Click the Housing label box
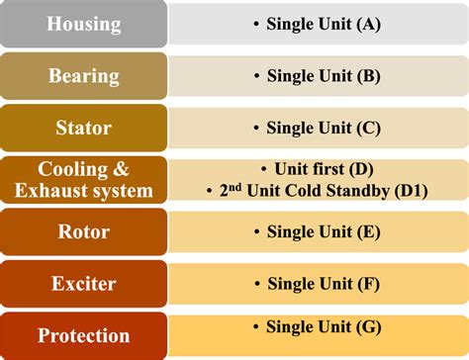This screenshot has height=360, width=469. pos(83,23)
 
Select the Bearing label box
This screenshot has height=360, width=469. pos(83,75)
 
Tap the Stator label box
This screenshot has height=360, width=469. pos(83,128)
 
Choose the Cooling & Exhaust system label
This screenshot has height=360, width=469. pos(83,179)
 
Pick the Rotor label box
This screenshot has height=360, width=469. pos(83,231)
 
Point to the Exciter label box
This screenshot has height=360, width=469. pos(83,284)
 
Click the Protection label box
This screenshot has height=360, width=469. pos(83,335)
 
